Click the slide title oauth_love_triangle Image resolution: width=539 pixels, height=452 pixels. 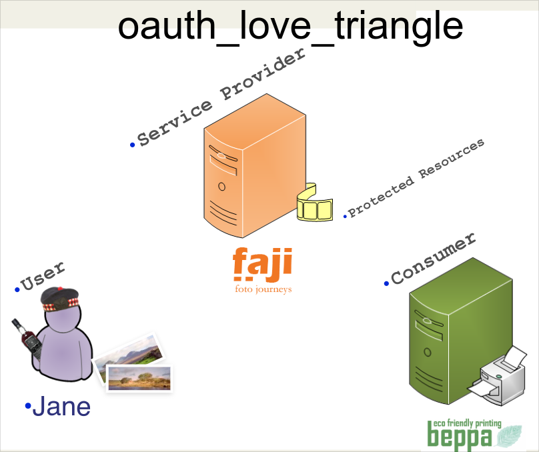[x=290, y=26]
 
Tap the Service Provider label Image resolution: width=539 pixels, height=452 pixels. [x=221, y=97]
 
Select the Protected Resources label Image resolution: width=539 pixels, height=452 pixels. [x=416, y=178]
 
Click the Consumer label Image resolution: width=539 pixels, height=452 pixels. [x=433, y=258]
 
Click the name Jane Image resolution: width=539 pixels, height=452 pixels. [x=61, y=406]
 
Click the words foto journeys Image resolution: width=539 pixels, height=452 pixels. [x=263, y=289]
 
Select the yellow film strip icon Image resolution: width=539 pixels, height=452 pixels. [x=315, y=203]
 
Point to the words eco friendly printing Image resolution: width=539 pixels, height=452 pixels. [x=467, y=423]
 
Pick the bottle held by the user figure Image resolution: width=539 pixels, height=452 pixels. [x=27, y=339]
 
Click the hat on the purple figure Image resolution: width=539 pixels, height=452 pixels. [x=60, y=299]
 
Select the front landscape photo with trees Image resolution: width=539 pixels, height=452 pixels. [x=139, y=378]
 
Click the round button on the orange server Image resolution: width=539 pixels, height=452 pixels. [x=221, y=187]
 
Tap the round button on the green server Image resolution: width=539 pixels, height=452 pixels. [x=428, y=352]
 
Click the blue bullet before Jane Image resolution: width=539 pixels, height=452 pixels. [x=28, y=406]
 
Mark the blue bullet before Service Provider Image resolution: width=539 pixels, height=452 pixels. [x=132, y=145]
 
